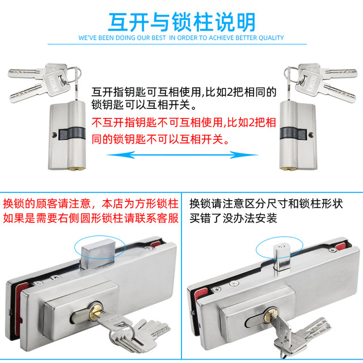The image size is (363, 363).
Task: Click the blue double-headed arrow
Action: pyautogui.click(x=181, y=154)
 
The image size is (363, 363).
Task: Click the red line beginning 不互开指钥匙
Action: pyautogui.click(x=184, y=122)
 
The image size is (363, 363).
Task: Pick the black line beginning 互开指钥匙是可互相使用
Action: pyautogui.click(x=184, y=91)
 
